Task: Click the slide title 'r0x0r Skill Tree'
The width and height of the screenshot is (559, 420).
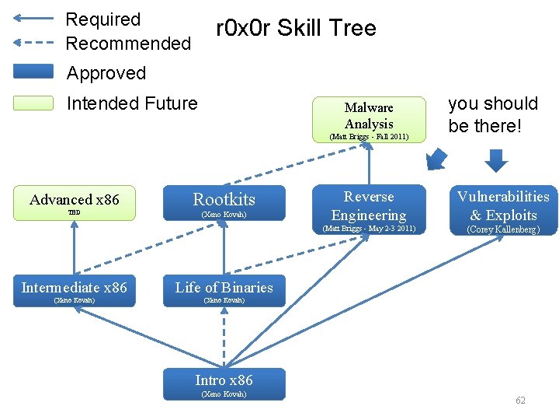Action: [x=295, y=29]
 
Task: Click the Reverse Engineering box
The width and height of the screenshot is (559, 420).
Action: [x=369, y=206]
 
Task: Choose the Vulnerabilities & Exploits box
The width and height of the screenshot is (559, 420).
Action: [x=502, y=206]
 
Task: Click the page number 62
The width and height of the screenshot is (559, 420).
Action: [x=520, y=401]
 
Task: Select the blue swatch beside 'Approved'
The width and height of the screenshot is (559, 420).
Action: [x=34, y=72]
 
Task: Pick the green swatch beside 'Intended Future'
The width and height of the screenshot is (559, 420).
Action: [x=34, y=103]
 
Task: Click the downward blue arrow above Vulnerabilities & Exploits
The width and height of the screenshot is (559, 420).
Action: [x=496, y=159]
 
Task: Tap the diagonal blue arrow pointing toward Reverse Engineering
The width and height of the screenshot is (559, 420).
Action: [x=436, y=159]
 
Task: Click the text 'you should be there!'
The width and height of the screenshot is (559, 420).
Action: [x=493, y=114]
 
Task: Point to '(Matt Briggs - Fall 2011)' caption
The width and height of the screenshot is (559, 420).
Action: [x=369, y=137]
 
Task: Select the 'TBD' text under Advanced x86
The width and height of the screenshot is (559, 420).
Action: [x=74, y=212]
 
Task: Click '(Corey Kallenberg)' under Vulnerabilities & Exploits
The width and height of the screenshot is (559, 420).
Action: [x=502, y=229]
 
